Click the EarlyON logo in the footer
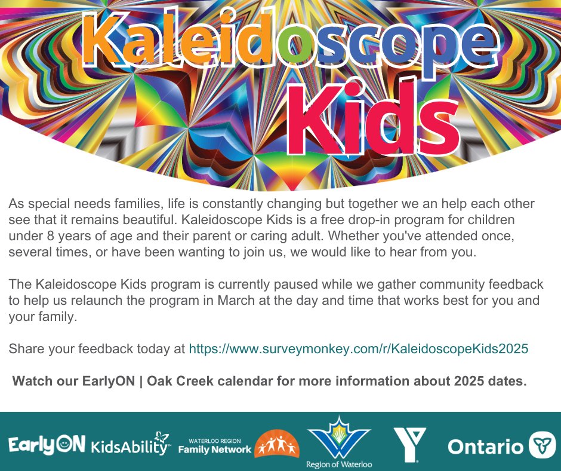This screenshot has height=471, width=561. coord(47,445)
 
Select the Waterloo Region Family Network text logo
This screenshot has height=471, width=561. coord(215,445)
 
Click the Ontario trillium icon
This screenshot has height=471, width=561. coord(542,445)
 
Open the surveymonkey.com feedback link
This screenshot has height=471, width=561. coord(358,348)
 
